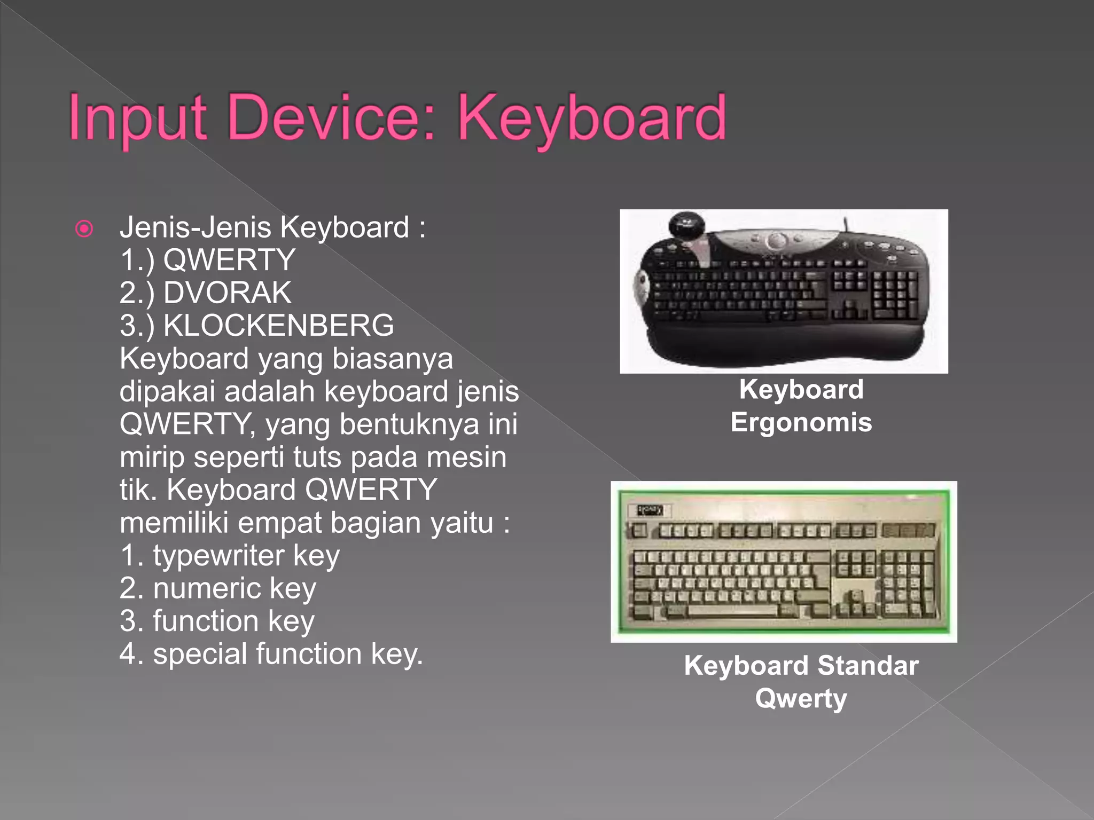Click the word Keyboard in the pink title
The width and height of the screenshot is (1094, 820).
tap(592, 119)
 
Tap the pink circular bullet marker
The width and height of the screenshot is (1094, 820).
tap(84, 229)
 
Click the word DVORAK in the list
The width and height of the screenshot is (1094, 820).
tap(227, 293)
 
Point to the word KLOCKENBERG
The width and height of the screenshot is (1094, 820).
tap(278, 326)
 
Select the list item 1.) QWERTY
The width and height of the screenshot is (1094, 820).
tap(207, 261)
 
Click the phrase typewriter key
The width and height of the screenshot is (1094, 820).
tap(246, 556)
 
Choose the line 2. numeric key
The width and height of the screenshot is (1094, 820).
tap(218, 588)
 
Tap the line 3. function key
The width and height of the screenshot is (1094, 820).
tap(217, 621)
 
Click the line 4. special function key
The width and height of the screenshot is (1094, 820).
tap(271, 654)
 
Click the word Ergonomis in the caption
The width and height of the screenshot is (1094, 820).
tap(801, 422)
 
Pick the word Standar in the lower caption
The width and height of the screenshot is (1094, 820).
tap(868, 666)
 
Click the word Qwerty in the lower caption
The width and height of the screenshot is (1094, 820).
tap(801, 698)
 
